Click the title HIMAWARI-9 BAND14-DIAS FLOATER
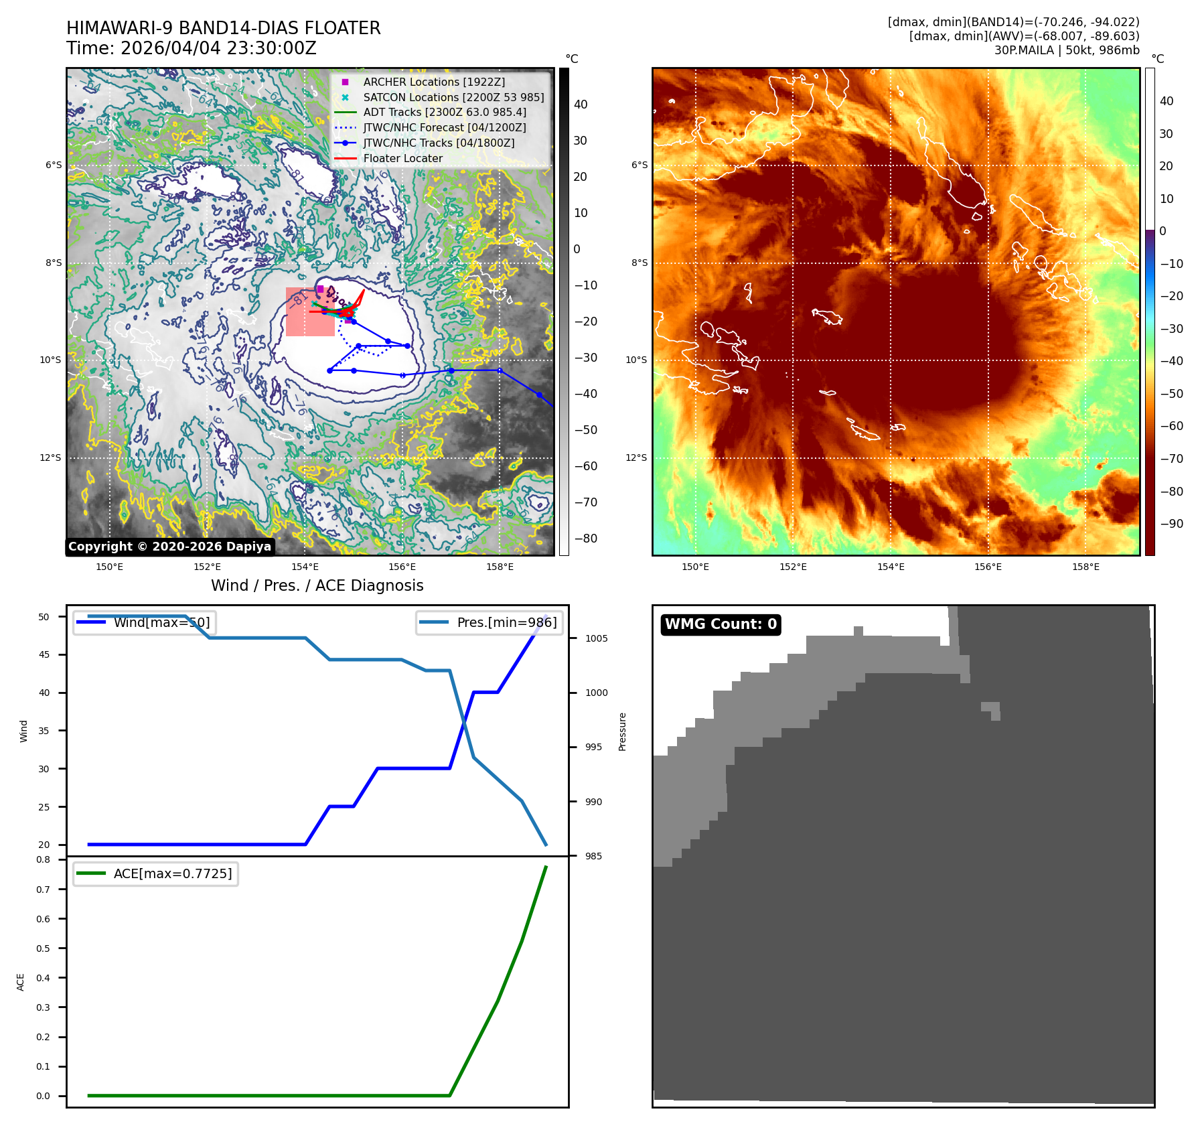pos(223,28)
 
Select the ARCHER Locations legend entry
pos(434,82)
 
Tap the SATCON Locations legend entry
pos(453,97)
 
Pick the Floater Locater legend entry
pos(402,158)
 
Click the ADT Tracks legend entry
pos(445,113)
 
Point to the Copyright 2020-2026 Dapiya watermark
pos(169,547)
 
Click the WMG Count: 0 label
pos(721,624)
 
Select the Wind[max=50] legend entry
pos(161,622)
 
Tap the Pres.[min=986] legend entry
pos(506,622)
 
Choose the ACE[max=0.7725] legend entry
pos(173,873)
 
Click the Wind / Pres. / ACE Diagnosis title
pos(317,585)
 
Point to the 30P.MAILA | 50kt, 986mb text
pos(1066,50)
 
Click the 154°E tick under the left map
pos(305,567)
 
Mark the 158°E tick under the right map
pos(1085,567)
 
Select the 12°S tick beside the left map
pos(50,458)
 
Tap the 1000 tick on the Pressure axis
pos(596,693)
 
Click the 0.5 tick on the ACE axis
pos(43,948)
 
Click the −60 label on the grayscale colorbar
pos(585,466)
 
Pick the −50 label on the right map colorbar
pos(1171,394)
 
